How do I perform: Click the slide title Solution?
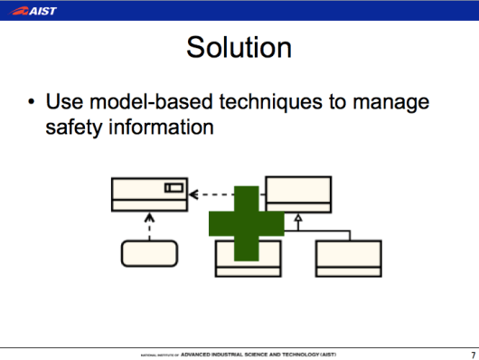(x=239, y=47)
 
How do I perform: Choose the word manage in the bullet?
(x=392, y=102)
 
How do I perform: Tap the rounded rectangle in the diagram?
(x=149, y=252)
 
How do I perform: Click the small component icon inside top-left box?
(x=174, y=188)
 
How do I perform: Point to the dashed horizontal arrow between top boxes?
(x=226, y=194)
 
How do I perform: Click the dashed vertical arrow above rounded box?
(x=149, y=224)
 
